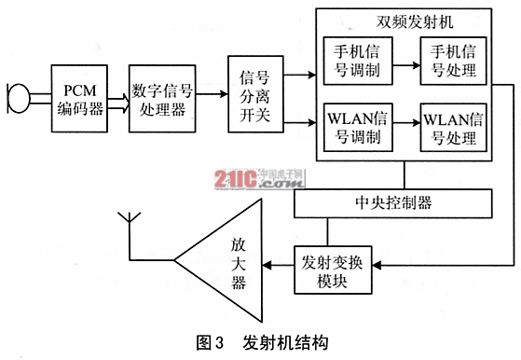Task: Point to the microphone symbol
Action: (17, 97)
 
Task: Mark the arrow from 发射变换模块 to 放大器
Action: (277, 268)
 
